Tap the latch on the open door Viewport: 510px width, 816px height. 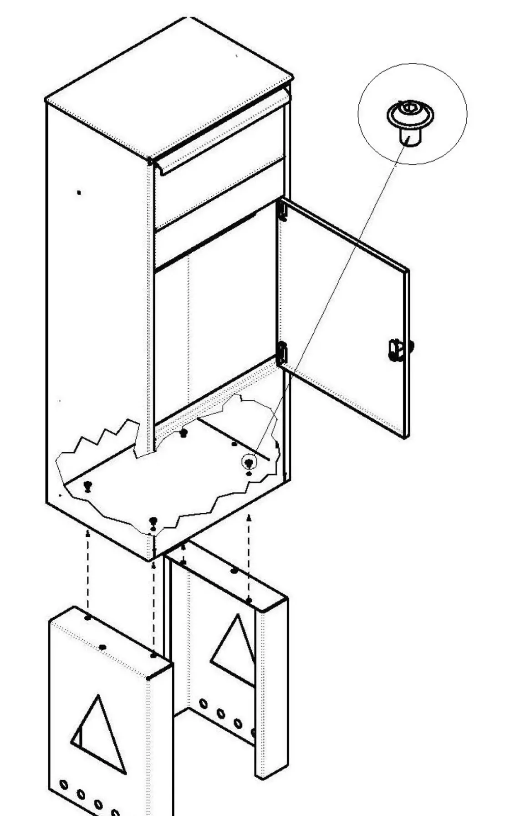pos(399,350)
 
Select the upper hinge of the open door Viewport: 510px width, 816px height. pos(282,211)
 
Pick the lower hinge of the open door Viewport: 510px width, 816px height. pos(282,353)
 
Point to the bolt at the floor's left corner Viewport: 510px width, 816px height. pos(88,485)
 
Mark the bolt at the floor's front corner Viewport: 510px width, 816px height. pos(153,520)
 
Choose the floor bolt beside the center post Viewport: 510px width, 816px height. pos(184,432)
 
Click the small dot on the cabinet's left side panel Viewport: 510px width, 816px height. pos(79,193)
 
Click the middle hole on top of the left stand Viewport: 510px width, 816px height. pos(103,647)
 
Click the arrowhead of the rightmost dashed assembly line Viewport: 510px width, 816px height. pos(249,517)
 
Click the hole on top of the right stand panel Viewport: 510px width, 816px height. pos(234,570)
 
